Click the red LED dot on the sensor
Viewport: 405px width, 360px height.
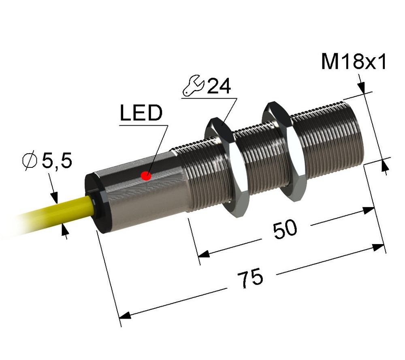click(x=146, y=176)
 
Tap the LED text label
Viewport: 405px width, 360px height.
click(x=141, y=113)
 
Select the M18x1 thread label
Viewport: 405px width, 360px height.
click(x=354, y=62)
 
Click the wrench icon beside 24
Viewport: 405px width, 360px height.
click(x=194, y=86)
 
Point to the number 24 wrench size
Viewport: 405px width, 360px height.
click(x=219, y=86)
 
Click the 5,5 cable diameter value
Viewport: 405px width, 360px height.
click(x=57, y=161)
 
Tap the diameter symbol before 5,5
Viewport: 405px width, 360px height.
click(x=30, y=161)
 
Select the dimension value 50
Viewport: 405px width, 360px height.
click(x=285, y=229)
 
